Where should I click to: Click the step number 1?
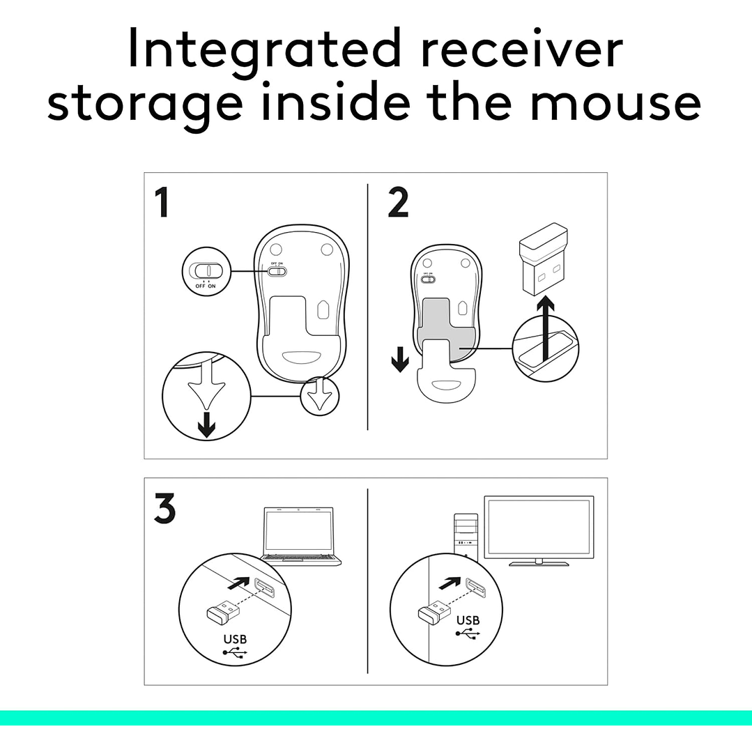(162, 202)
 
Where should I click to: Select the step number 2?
(398, 202)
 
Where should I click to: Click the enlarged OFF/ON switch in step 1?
(207, 271)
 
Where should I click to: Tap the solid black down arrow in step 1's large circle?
(207, 424)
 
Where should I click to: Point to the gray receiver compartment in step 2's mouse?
(447, 331)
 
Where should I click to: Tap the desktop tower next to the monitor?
(466, 537)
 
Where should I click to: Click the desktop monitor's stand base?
(539, 564)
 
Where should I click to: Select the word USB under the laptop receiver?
(235, 639)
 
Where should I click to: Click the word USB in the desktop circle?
(468, 620)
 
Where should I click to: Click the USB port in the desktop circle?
(475, 588)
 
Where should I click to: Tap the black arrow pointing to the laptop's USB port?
(239, 583)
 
